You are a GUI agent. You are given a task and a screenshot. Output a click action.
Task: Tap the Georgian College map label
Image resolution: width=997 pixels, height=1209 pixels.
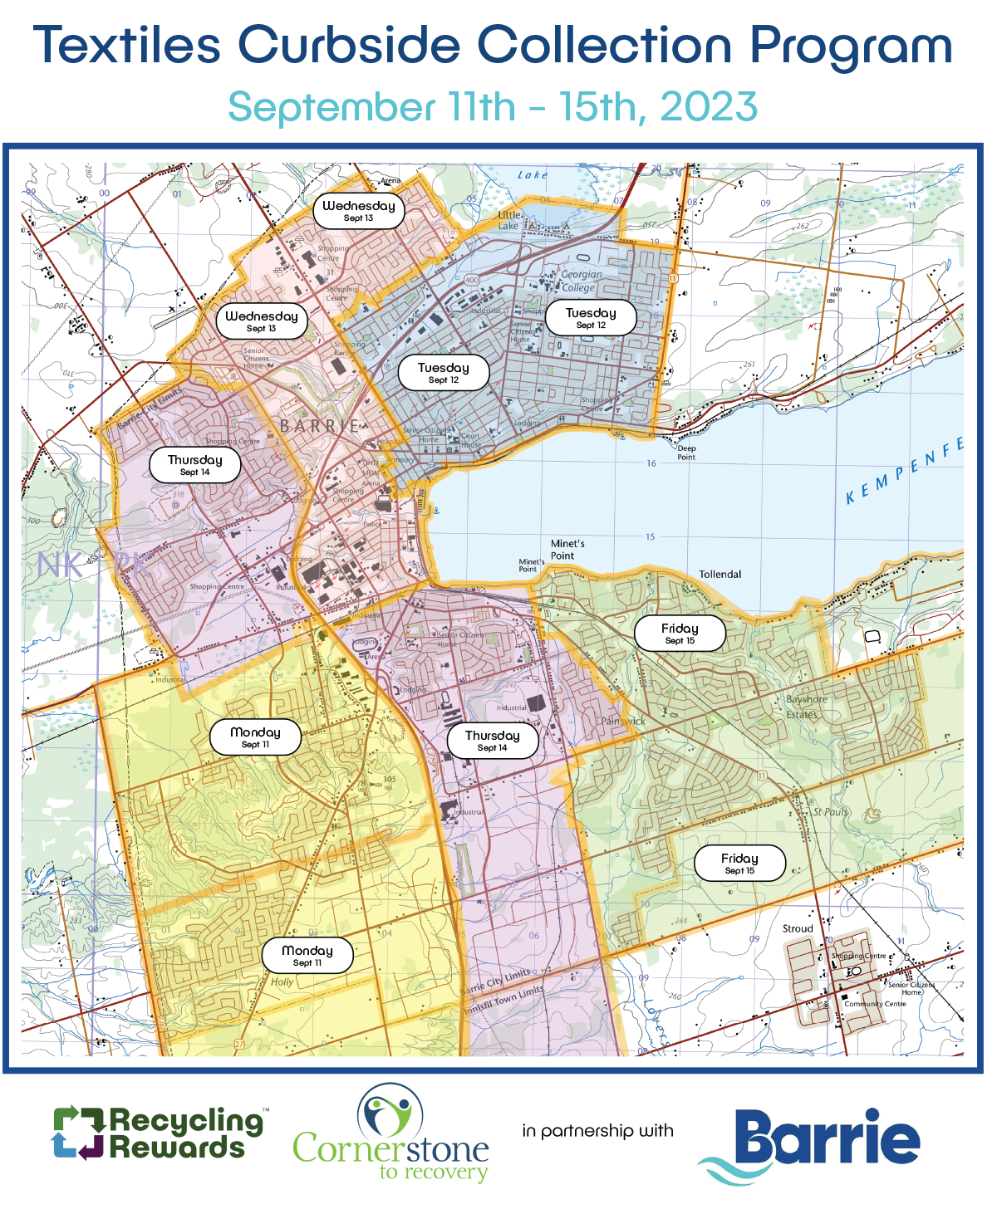pos(581,281)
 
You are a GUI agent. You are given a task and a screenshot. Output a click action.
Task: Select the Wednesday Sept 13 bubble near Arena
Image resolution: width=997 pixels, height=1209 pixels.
pos(358,211)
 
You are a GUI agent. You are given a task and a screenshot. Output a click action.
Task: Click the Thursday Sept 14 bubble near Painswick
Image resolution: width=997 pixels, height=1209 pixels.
pos(492,740)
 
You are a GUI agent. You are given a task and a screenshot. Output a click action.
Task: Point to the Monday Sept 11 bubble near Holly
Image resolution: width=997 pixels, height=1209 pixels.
pos(307,955)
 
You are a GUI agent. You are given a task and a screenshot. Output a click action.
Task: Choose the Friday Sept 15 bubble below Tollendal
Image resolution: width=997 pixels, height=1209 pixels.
pos(680,634)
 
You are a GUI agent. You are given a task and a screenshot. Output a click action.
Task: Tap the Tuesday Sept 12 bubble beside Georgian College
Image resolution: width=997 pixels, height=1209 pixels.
pos(591,317)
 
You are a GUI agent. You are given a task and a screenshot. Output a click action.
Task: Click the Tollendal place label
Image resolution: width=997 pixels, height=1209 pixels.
pos(720,575)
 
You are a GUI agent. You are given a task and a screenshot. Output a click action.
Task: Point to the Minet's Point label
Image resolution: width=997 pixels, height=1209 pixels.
pos(567,550)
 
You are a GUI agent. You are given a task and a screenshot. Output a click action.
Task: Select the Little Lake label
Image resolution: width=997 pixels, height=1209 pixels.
pos(508,220)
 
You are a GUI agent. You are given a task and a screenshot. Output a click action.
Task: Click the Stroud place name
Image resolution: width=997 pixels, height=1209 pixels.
pos(798,928)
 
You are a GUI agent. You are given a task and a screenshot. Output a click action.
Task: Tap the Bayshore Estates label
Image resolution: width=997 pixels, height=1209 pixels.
pos(806,707)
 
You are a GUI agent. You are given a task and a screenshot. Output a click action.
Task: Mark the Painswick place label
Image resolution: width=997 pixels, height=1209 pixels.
pos(623,721)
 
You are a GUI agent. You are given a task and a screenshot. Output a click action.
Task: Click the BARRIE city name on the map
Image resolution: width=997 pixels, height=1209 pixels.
pos(320,426)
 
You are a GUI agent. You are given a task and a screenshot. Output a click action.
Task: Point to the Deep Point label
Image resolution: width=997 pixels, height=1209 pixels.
pos(686,453)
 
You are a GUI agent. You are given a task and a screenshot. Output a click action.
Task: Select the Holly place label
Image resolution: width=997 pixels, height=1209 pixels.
pos(282,981)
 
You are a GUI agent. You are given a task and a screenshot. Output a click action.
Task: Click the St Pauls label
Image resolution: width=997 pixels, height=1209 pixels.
pos(830,811)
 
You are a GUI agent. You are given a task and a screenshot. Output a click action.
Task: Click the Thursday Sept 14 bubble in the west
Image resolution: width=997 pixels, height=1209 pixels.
pos(194,465)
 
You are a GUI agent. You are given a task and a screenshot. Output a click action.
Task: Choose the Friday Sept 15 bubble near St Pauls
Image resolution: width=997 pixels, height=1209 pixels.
pos(739,863)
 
